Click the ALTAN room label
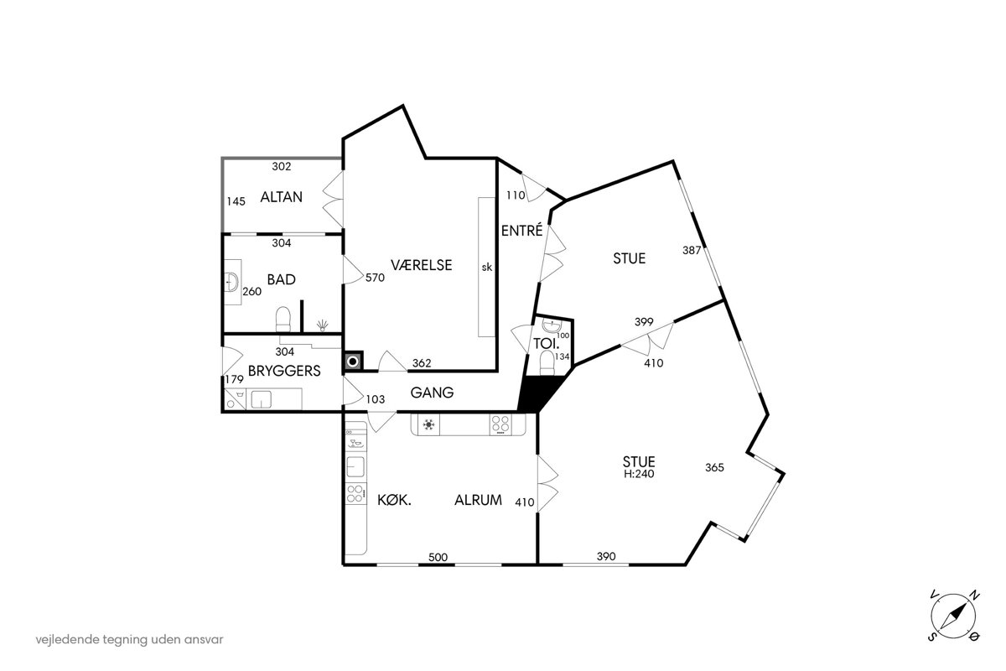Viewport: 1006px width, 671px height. (281, 197)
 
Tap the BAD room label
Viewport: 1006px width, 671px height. (281, 279)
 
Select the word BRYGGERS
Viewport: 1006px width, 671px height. (284, 371)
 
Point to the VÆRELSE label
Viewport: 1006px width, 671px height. (421, 265)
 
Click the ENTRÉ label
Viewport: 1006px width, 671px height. (521, 231)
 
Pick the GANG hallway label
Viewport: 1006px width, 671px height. (432, 393)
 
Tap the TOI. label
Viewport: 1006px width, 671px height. (546, 344)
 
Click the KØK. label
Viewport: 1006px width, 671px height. (394, 500)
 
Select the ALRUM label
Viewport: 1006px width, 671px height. (479, 500)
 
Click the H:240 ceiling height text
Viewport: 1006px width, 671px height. (639, 474)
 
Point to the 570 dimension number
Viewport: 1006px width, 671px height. (375, 278)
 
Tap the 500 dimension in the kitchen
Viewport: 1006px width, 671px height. (438, 557)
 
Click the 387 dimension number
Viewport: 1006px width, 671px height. (692, 250)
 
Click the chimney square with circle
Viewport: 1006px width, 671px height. (353, 362)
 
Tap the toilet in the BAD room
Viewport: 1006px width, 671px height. (283, 319)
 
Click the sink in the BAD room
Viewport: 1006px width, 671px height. (233, 283)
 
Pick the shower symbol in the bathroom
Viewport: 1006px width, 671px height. (323, 325)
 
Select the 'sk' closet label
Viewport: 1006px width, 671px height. (487, 268)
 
